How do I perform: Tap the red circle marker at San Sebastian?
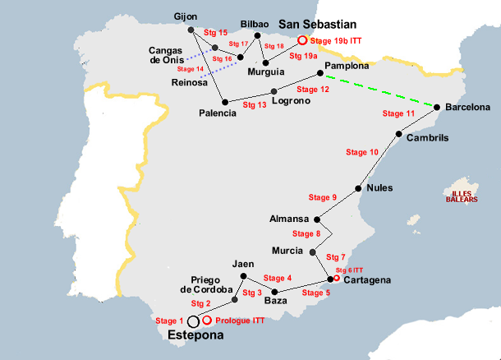[x=302, y=39]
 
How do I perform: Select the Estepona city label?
[x=195, y=336]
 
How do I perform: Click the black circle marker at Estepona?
[x=193, y=322]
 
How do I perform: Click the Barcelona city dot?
[x=438, y=107]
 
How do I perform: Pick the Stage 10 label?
[x=362, y=152]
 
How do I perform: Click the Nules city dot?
[x=358, y=188]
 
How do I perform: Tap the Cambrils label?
[x=427, y=138]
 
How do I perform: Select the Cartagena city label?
[x=367, y=280]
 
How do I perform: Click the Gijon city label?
[x=186, y=16]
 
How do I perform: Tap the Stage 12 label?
[x=313, y=89]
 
